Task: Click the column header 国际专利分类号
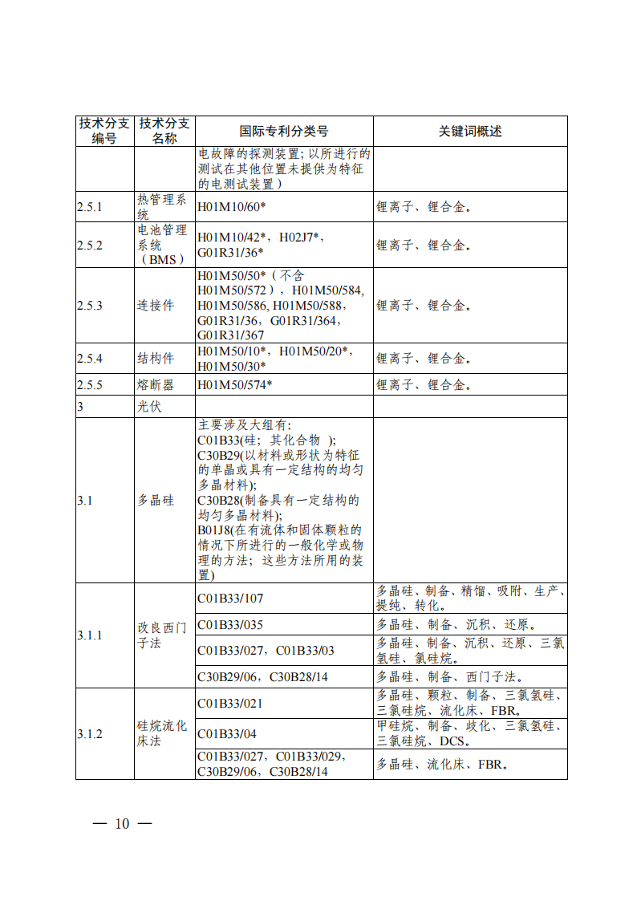coord(284,132)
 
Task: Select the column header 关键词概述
coord(469,132)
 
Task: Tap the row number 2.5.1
coord(90,207)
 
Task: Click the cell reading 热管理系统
coord(164,207)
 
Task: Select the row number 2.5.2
coord(90,245)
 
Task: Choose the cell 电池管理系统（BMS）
coord(164,245)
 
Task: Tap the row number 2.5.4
coord(90,358)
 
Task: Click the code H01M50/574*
coord(235,385)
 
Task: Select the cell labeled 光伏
coord(149,407)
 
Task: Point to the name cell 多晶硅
coord(156,501)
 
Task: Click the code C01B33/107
coord(230,599)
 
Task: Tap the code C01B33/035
coord(230,624)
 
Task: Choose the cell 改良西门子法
coord(164,635)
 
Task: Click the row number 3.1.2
coord(90,733)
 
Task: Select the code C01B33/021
coord(230,704)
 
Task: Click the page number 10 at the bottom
coord(122,824)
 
